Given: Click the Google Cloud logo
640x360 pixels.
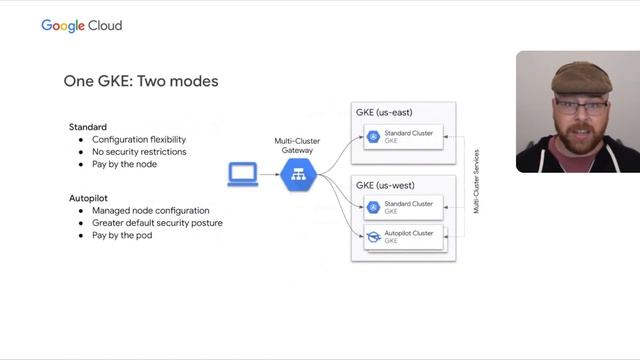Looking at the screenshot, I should (81, 25).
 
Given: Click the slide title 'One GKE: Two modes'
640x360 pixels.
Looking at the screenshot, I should (140, 80).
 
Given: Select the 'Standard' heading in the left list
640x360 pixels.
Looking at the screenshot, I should (87, 127).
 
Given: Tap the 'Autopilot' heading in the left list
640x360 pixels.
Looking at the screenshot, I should (88, 198).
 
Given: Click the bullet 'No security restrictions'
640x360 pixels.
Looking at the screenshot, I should (139, 152).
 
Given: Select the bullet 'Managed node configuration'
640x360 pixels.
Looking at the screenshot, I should (150, 211).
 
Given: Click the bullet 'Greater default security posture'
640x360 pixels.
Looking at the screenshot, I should (157, 223).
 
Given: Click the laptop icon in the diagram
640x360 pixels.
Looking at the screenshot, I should (243, 175).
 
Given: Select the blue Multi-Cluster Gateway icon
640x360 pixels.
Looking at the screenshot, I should (297, 175).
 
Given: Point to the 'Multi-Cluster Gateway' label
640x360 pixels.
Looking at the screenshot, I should (297, 146).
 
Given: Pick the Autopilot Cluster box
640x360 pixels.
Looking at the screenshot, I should (405, 237).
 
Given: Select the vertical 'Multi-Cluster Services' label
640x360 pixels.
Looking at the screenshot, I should (477, 181).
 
